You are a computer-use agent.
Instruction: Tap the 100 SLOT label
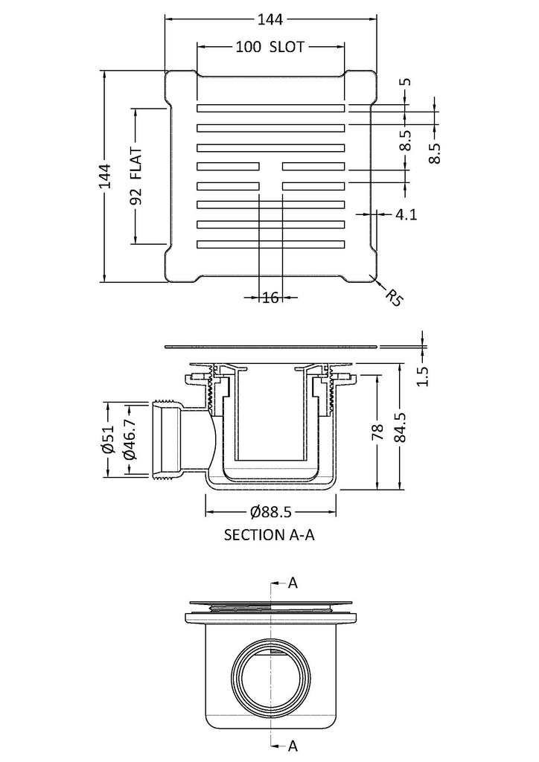click(x=269, y=48)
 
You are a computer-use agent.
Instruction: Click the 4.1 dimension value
click(x=406, y=214)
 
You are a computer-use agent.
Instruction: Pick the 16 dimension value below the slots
click(x=270, y=298)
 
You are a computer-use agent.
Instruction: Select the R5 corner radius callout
click(x=395, y=298)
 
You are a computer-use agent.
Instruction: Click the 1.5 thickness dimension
click(x=423, y=377)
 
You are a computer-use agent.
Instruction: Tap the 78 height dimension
click(x=377, y=432)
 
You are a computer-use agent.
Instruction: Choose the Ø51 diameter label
click(x=106, y=441)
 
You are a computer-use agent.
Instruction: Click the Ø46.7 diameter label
click(x=129, y=441)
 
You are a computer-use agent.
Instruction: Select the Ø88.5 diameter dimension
click(x=271, y=512)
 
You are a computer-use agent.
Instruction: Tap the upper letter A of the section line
click(x=293, y=583)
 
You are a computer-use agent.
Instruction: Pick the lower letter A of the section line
click(x=293, y=744)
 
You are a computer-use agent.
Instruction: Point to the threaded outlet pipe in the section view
click(x=168, y=441)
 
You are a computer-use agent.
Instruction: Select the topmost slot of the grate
click(x=270, y=109)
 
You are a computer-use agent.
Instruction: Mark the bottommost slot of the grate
click(x=270, y=243)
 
